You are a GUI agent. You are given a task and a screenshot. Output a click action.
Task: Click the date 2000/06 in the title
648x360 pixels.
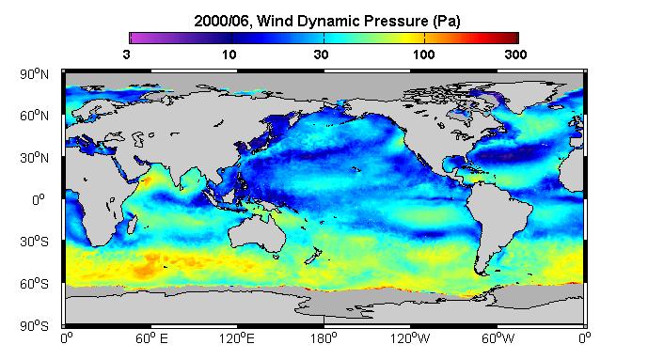coord(221,21)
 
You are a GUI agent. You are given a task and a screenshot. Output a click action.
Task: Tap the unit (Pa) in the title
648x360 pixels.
coord(447,21)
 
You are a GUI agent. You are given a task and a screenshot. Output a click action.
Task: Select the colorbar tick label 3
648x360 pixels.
coord(126,55)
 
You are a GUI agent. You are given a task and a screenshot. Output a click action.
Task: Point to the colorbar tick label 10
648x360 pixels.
coord(229,55)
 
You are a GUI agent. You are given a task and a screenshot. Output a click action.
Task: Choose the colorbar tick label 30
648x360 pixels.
coord(321,55)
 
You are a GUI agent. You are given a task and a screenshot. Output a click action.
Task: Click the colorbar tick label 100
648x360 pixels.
coord(423,55)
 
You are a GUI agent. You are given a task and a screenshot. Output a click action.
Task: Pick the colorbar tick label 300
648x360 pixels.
coord(515,55)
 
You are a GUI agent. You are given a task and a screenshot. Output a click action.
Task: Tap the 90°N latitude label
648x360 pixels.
coord(34,74)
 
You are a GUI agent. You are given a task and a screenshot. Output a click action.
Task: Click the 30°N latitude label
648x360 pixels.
coord(34,158)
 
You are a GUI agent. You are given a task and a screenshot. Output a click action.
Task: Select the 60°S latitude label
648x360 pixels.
coord(34,284)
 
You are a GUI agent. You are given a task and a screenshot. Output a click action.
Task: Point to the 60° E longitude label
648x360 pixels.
coord(151,338)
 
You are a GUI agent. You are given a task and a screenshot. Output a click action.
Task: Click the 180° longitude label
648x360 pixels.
coord(324,338)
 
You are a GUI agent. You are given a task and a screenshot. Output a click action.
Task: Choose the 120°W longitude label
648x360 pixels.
coord(410,338)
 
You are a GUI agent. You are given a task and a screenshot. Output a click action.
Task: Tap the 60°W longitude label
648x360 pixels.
coord(498,338)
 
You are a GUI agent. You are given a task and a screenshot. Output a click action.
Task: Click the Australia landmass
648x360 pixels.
coord(257,233)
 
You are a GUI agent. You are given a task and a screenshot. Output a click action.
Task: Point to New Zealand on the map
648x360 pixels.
coord(314,255)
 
